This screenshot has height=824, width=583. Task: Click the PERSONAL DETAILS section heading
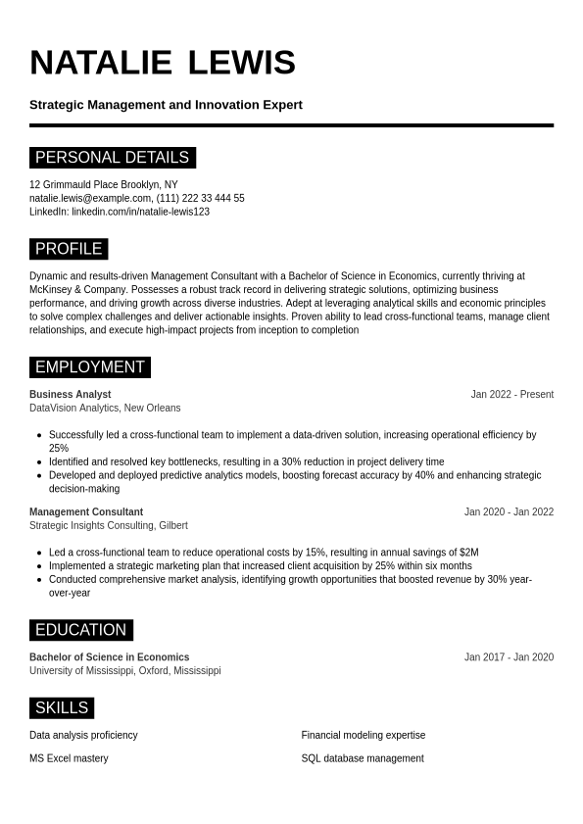(112, 158)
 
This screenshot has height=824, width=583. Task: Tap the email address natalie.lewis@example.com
(90, 198)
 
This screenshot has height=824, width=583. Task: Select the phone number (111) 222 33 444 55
(201, 198)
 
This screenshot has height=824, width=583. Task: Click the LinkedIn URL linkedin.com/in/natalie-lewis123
(140, 212)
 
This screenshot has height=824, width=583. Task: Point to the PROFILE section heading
(69, 249)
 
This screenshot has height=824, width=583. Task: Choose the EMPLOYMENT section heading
(89, 367)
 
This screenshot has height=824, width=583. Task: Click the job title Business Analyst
(70, 395)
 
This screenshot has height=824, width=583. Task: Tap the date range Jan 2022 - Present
(511, 395)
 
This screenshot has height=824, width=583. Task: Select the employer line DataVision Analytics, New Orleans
(105, 409)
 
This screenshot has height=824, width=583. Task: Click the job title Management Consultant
(86, 512)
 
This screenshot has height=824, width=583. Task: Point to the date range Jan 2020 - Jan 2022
(509, 512)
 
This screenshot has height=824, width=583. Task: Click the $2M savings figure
(468, 553)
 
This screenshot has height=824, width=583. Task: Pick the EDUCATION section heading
(80, 630)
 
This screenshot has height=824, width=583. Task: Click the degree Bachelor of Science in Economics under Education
(109, 657)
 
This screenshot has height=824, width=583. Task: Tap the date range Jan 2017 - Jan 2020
(509, 657)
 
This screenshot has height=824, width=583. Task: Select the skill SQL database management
(363, 758)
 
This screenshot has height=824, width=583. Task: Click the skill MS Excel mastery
(69, 758)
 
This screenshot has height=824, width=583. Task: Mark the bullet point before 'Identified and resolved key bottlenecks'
(38, 462)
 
